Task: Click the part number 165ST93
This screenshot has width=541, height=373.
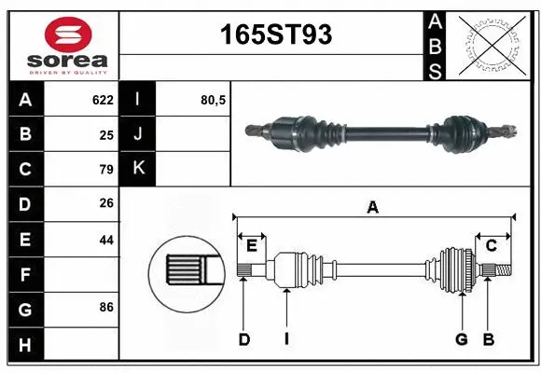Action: (275, 35)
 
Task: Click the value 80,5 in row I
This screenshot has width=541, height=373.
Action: (214, 99)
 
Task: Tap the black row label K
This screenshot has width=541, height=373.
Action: (138, 169)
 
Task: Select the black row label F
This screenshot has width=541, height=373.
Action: (24, 274)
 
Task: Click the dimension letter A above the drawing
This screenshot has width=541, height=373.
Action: (373, 208)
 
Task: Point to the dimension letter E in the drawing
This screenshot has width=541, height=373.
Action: (252, 245)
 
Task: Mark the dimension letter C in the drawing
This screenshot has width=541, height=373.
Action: (491, 245)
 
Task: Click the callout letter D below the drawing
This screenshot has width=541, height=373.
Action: (243, 339)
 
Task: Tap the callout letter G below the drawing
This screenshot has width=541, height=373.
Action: (461, 339)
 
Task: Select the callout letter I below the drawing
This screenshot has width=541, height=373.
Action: (286, 339)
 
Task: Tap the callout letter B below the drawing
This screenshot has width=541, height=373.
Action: (487, 339)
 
